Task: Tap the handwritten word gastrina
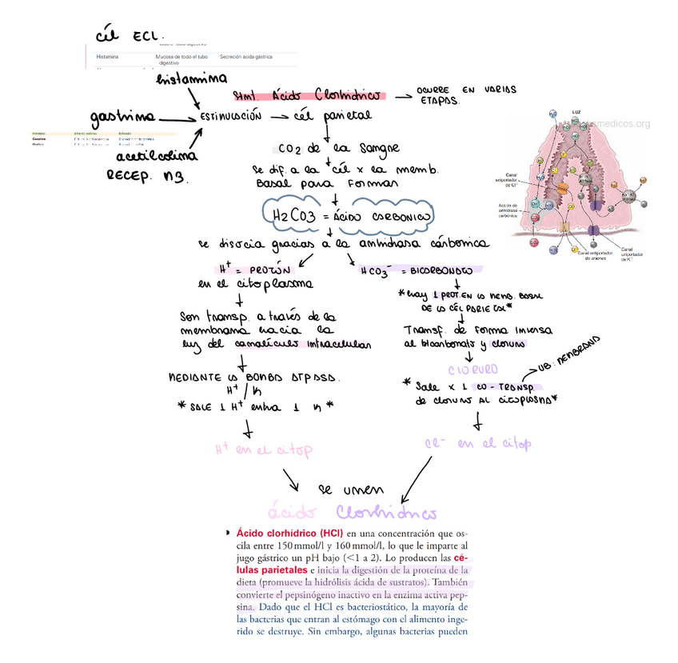click(123, 118)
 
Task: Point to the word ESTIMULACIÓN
click(231, 117)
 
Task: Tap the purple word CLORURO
click(473, 369)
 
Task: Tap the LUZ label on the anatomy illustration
click(576, 111)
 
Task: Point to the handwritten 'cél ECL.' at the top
click(129, 36)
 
